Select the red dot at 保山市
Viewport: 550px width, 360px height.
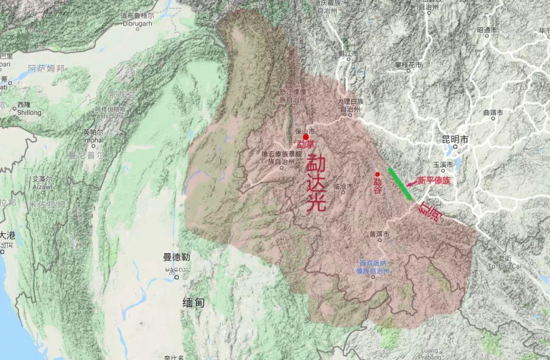coord(306,137)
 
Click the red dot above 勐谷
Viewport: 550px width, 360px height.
coord(377,175)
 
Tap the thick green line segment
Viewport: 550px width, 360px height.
coord(400,183)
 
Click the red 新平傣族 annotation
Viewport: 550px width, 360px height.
coord(434,180)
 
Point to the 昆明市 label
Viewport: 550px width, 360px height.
coord(455,139)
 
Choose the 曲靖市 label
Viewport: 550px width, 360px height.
coord(493,112)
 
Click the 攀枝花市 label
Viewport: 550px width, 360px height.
coord(408,66)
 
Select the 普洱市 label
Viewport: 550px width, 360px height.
coord(379,235)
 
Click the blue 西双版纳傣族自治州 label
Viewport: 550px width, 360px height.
coord(373,267)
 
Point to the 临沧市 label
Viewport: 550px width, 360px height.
coord(343,187)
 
